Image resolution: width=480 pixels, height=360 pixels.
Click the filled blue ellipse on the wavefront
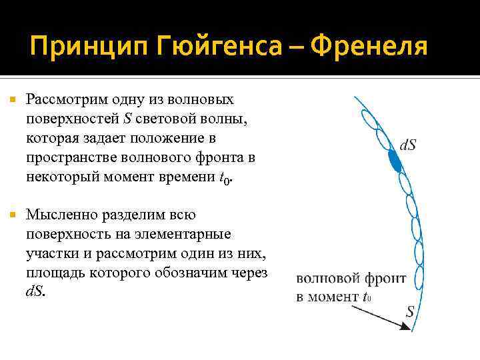(x=395, y=160)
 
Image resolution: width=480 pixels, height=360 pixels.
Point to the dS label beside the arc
(x=408, y=145)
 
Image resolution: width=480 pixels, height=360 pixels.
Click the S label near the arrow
(x=410, y=311)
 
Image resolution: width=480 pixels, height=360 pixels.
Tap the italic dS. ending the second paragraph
(x=36, y=293)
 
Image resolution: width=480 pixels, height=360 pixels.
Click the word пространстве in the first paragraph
(x=71, y=159)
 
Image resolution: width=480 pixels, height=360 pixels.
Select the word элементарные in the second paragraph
(x=183, y=235)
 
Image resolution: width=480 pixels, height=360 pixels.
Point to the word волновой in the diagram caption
(x=325, y=279)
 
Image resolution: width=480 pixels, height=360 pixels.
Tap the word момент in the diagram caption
(x=334, y=297)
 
